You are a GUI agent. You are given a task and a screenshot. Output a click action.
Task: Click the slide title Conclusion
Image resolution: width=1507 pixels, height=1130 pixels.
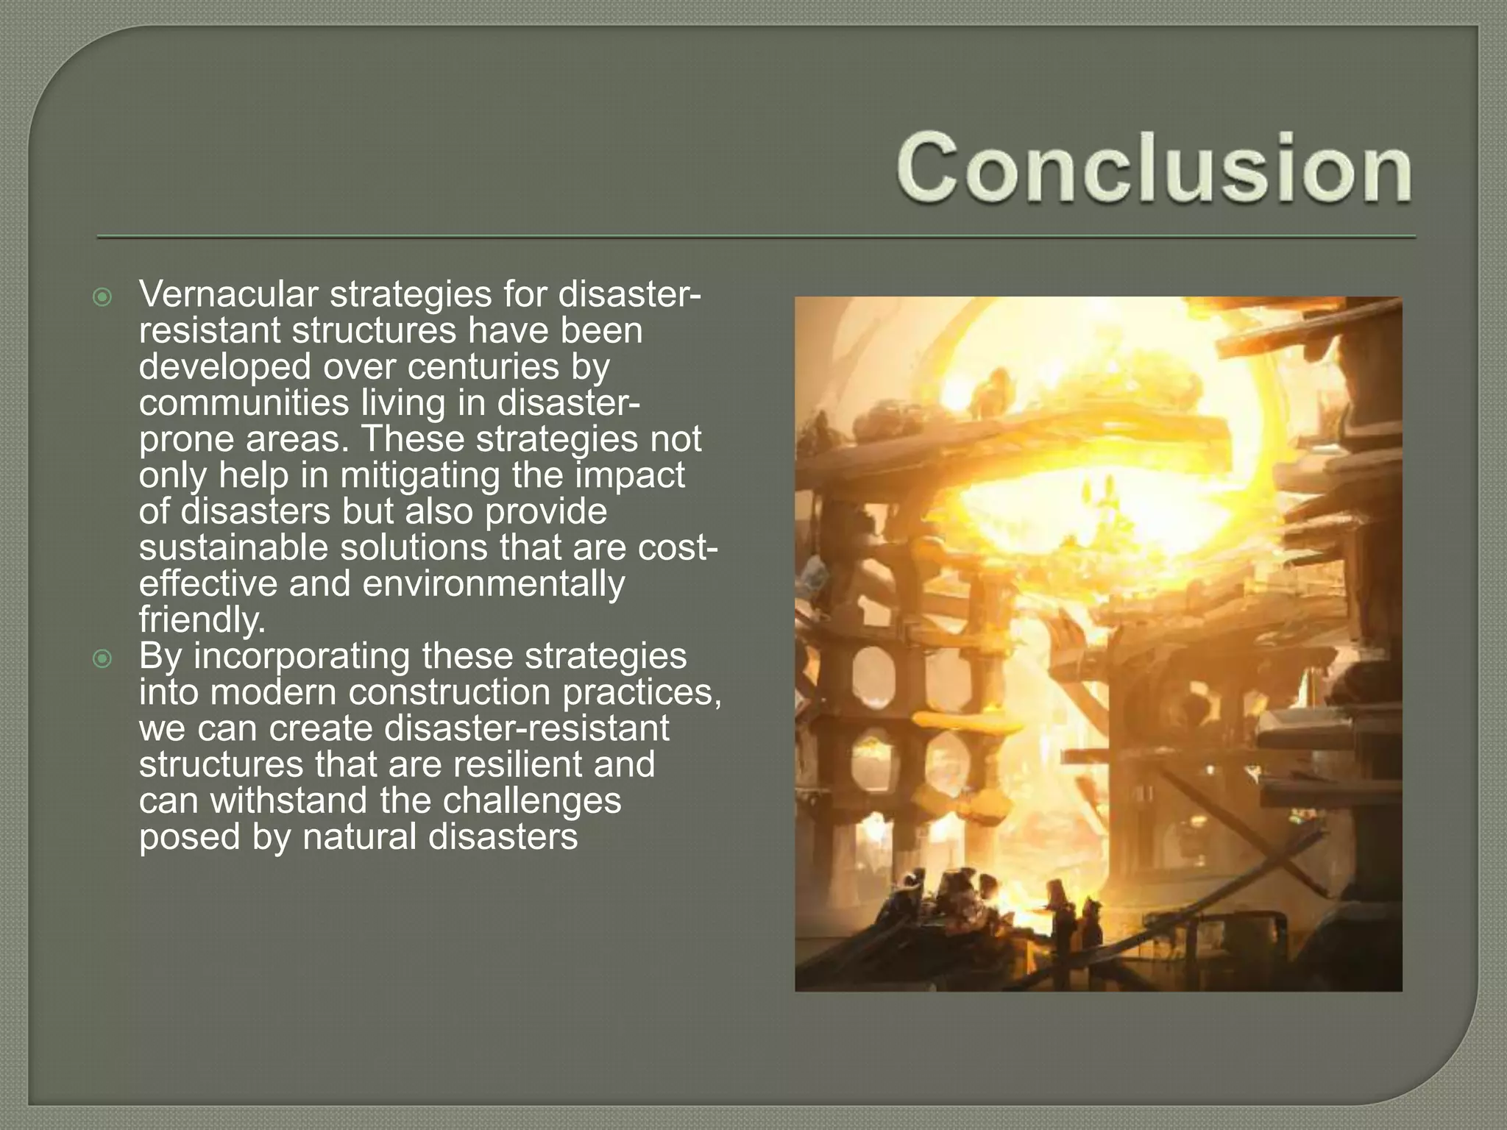click(x=1154, y=168)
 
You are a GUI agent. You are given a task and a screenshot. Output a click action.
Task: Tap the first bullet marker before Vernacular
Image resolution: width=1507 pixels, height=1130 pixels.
click(x=103, y=297)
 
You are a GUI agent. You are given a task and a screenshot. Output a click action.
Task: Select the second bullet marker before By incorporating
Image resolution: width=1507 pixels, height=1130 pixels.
click(x=103, y=658)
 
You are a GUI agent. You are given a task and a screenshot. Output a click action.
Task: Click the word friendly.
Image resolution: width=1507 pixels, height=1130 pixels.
click(x=200, y=620)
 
